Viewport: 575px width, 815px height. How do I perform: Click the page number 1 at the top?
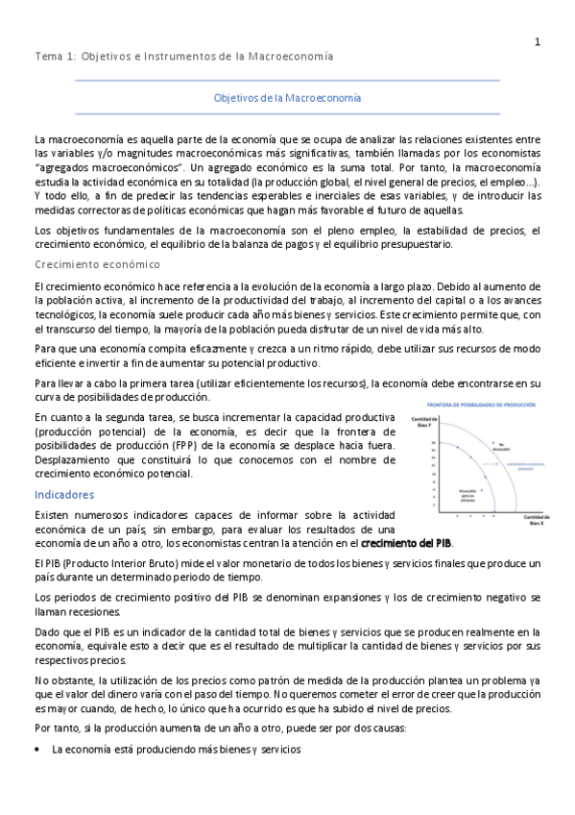538,41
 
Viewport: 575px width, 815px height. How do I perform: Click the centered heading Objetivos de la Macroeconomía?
287,98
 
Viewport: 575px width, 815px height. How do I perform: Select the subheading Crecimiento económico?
96,263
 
